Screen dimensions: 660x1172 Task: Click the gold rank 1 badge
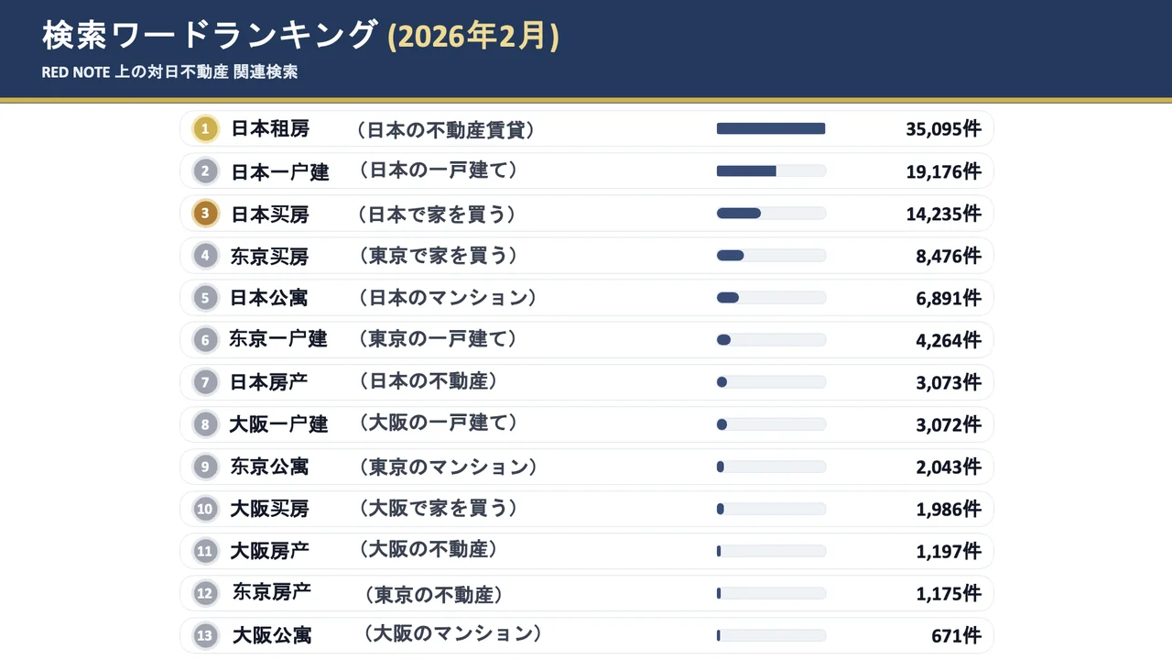pos(205,129)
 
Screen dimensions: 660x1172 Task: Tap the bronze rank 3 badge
pos(205,214)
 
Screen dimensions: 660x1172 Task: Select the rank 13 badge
pos(205,635)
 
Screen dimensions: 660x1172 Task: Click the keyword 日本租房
pos(270,129)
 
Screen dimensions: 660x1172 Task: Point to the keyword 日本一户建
pos(279,171)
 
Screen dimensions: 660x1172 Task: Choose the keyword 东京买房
pos(270,256)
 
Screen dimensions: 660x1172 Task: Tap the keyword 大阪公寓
pos(272,635)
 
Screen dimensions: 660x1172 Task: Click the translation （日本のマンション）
pos(446,298)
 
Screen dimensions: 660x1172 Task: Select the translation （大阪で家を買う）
pos(437,509)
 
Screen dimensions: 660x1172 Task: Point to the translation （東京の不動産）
pos(433,595)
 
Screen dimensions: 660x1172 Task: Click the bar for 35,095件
pos(771,129)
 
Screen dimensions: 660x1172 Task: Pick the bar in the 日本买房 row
pos(771,214)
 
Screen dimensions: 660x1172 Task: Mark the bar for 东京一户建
pos(771,340)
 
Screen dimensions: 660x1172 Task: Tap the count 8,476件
pos(949,256)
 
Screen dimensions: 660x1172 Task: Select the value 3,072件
pos(949,424)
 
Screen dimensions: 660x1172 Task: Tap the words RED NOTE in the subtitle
pos(76,72)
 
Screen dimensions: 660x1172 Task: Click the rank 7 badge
pos(205,382)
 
